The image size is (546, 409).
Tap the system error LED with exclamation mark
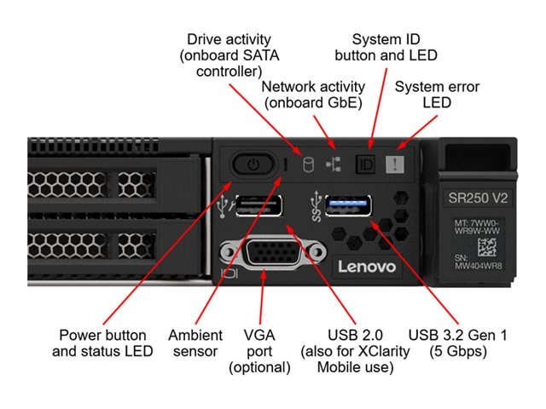(395, 163)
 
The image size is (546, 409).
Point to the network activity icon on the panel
(334, 162)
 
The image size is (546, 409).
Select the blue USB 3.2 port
(347, 206)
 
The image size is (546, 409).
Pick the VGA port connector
(274, 255)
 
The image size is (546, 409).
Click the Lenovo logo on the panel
(367, 267)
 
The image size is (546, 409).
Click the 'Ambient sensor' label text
(195, 343)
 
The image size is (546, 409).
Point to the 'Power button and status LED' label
(103, 343)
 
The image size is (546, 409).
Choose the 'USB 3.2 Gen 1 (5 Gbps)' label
(457, 343)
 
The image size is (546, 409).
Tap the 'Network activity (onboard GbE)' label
(313, 95)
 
